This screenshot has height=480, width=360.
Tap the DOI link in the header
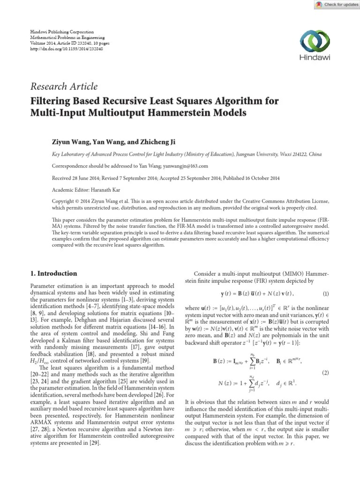click(x=66, y=48)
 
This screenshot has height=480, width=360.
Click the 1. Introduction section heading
click(x=53, y=273)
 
